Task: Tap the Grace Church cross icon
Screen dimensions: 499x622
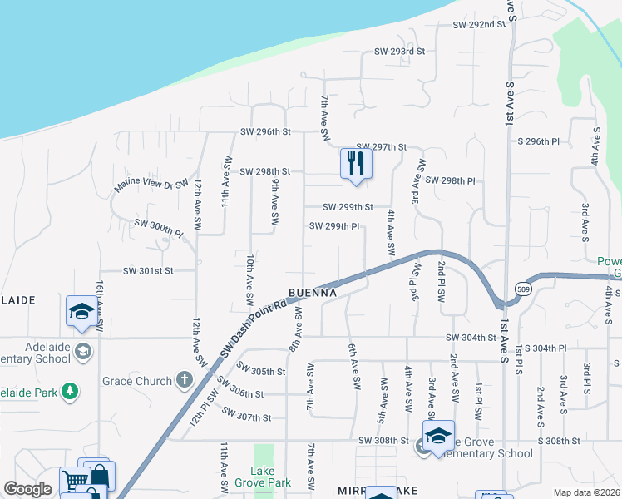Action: point(185,381)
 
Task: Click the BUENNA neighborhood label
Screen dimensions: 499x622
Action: point(313,294)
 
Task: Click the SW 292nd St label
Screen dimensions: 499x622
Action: point(479,25)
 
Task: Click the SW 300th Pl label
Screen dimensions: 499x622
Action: point(157,229)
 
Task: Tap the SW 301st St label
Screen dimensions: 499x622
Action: point(148,270)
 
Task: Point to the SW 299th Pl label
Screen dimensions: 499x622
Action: point(334,225)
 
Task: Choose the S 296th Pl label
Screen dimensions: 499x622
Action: point(545,141)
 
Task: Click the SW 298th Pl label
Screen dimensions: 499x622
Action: point(450,180)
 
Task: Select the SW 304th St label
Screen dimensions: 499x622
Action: point(471,337)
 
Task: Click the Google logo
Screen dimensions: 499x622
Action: point(27,489)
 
